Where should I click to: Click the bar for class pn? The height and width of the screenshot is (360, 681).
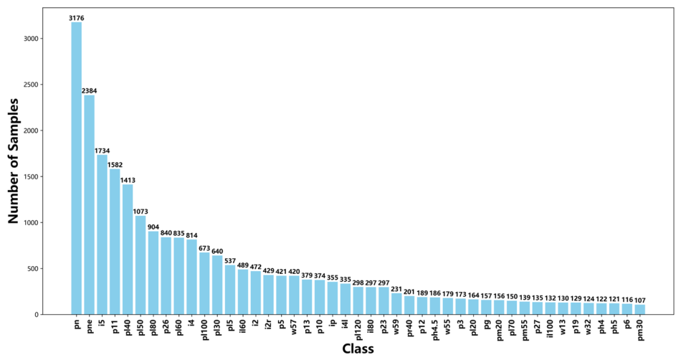click(x=77, y=168)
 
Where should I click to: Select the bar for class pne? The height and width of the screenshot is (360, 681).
click(x=89, y=204)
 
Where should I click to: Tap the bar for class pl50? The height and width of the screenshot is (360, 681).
click(x=141, y=265)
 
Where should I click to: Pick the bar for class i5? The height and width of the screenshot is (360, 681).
click(x=102, y=235)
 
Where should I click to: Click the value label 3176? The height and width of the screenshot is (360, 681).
click(x=77, y=18)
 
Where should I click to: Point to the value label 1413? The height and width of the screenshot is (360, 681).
click(x=128, y=180)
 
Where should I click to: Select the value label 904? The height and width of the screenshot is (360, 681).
click(x=153, y=227)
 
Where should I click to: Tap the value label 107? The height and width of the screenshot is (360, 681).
click(x=639, y=300)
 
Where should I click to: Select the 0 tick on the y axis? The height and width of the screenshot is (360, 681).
click(x=35, y=314)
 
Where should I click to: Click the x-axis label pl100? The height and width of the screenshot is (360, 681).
click(x=204, y=330)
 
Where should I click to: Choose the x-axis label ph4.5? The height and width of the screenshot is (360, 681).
click(x=435, y=330)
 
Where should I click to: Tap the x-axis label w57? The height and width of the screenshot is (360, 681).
click(x=294, y=326)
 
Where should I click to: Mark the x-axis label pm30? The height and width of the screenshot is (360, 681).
click(x=639, y=330)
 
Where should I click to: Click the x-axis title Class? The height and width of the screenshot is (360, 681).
click(x=358, y=349)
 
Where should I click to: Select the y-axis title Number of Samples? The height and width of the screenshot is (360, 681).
click(x=14, y=161)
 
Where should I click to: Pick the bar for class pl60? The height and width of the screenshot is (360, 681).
click(x=179, y=276)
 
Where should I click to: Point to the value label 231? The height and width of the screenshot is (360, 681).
click(x=396, y=289)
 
